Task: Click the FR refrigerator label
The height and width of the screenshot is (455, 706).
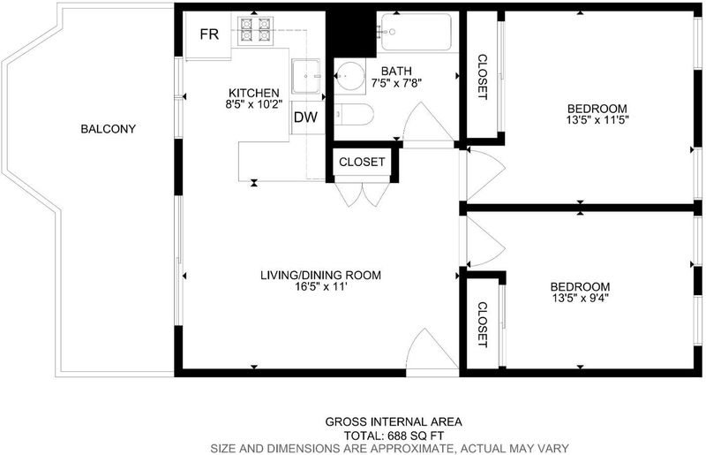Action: coord(209,34)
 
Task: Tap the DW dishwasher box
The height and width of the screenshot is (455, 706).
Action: coord(305,118)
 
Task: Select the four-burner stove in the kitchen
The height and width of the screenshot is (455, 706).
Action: coord(256,30)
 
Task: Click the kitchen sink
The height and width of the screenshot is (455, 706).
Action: coord(305,76)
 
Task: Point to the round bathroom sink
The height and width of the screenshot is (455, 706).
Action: coord(350,76)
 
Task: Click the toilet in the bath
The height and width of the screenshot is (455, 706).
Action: coord(354,115)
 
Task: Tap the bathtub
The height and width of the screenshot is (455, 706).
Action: coord(416,32)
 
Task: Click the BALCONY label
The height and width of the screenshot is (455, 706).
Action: coord(108,129)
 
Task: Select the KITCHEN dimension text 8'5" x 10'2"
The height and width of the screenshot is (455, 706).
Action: coord(254,104)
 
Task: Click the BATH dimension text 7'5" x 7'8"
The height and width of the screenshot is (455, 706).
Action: coord(396,83)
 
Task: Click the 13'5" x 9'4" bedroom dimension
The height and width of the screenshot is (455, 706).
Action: coord(581,298)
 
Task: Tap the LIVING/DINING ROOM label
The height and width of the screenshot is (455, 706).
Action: coord(320,275)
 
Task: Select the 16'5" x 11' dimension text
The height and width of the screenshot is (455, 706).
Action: coord(320,286)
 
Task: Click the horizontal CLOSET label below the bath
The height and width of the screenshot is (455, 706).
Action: coord(362,162)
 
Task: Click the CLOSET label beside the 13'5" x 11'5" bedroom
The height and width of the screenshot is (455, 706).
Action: coord(482,77)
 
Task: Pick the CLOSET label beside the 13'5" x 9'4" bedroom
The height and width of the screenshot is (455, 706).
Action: coord(482,324)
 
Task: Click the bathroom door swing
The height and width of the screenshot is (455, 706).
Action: coord(428,122)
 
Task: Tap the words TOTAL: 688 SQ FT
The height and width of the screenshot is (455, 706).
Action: coord(394,436)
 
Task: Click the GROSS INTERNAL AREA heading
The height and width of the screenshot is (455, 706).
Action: coord(394,422)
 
